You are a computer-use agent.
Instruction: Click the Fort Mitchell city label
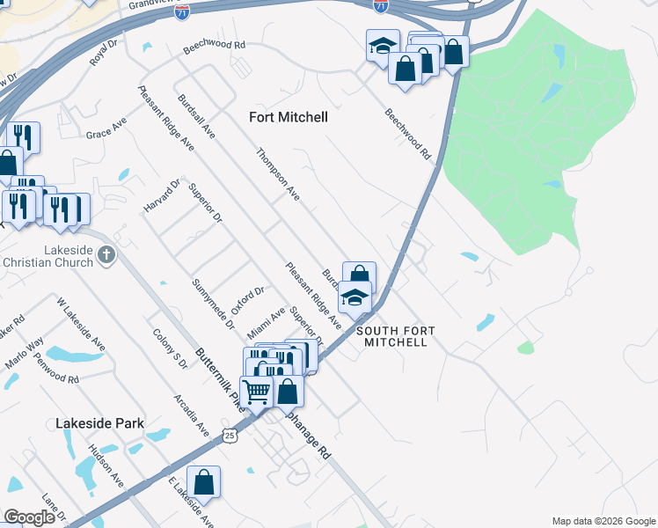point(288,117)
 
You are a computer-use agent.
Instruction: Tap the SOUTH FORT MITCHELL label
point(395,335)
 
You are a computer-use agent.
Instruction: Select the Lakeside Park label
point(99,423)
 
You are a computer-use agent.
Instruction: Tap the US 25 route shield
point(230,435)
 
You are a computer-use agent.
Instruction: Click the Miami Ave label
point(267,324)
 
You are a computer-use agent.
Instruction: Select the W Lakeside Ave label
point(81,325)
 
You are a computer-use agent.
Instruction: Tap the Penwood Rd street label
point(56,369)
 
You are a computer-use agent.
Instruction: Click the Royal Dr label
point(103,52)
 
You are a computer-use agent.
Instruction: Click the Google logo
point(29,517)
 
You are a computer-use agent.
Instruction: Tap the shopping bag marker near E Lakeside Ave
point(203,482)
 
